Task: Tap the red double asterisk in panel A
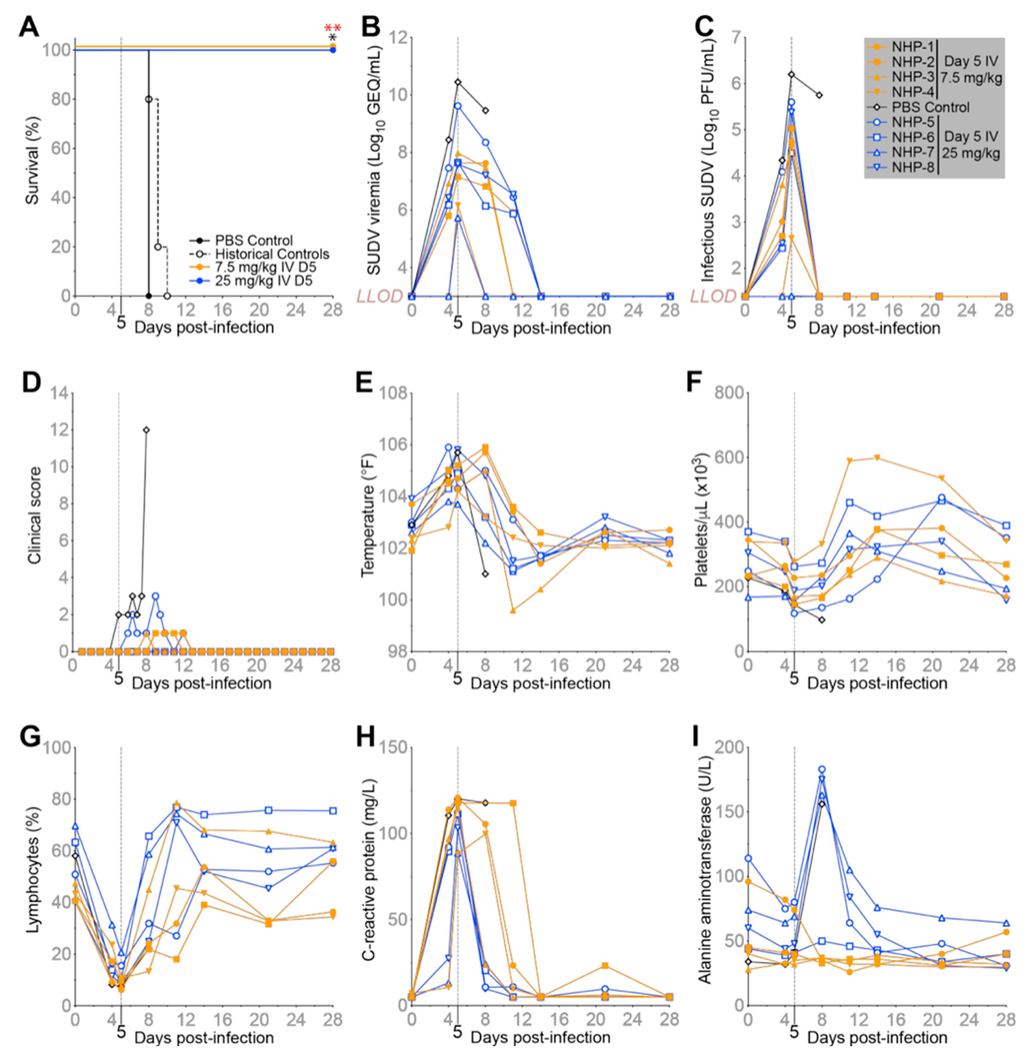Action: click(332, 28)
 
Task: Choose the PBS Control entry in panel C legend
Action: click(930, 107)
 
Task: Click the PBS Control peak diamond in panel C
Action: click(791, 74)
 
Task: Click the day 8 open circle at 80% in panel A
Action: click(148, 99)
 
